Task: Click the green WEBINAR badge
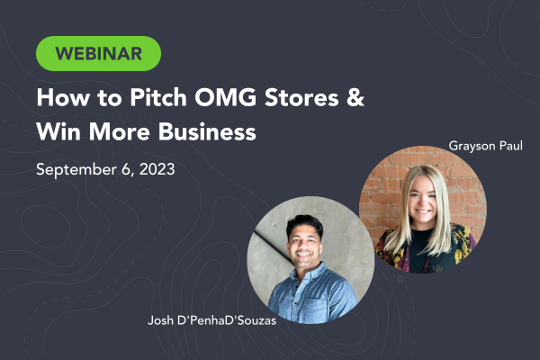pos(98,53)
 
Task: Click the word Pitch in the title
pos(158,97)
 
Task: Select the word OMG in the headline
pos(226,97)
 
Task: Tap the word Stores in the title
pos(301,98)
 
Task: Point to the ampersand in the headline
pos(355,97)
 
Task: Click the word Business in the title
pos(207,131)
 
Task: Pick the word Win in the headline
pos(58,131)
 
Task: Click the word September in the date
pos(76,170)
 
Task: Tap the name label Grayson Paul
pos(486,146)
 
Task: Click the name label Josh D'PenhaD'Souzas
pos(211,320)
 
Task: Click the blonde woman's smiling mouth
pos(423,211)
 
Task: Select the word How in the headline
pos(63,97)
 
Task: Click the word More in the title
pos(120,131)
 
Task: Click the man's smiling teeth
pos(304,255)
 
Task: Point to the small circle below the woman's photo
pos(400,279)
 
